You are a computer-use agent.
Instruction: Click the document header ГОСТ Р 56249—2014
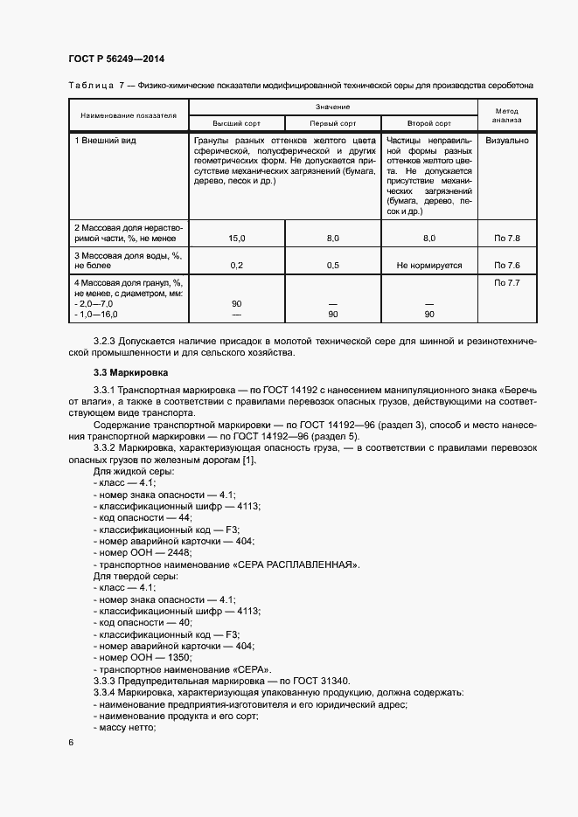coord(116,59)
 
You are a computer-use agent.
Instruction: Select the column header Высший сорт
coord(237,123)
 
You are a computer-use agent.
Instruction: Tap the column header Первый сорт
coord(333,123)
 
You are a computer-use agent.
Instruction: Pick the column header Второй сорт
coord(429,123)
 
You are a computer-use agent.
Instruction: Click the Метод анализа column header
coord(507,114)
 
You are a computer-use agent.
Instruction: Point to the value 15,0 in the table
coord(237,238)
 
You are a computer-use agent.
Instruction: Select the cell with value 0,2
coord(237,265)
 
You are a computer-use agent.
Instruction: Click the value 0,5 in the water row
coord(333,265)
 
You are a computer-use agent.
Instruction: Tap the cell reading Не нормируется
coord(429,265)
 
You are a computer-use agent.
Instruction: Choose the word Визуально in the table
coord(507,140)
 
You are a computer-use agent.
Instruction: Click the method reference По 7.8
coord(507,238)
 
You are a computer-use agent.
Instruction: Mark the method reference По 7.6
coord(507,265)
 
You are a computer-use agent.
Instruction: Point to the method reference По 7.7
coord(507,283)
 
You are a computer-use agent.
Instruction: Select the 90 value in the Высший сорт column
coord(237,303)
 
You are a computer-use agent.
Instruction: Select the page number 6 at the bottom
coord(71,742)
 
